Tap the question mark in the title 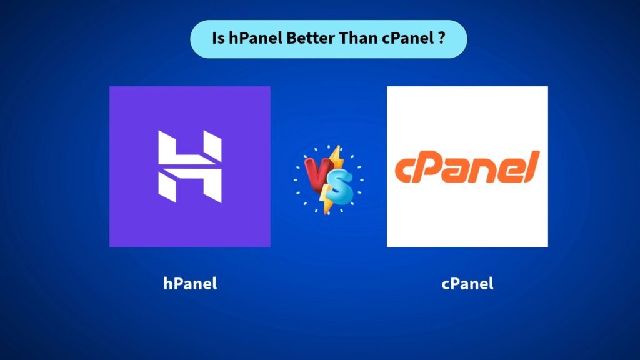(441, 39)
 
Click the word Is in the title (217, 39)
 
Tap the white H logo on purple (189, 166)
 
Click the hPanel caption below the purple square (190, 283)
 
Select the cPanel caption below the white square (467, 283)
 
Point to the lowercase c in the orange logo (406, 172)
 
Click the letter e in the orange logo (509, 171)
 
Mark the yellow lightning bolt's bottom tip (324, 212)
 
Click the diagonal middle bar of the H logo (189, 166)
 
